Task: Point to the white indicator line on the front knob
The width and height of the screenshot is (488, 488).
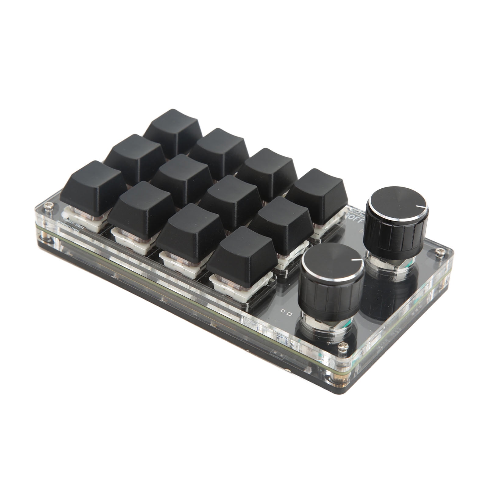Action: (x=357, y=260)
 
